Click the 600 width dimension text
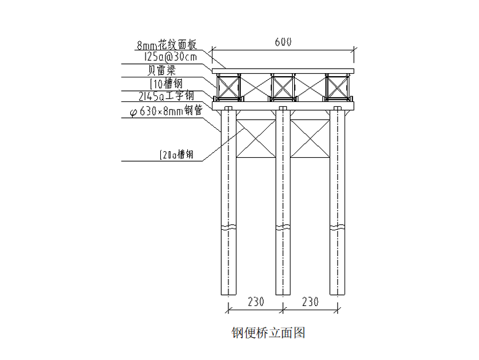283,42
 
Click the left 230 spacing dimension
255,302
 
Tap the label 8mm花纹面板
166,45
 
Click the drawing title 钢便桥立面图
268,333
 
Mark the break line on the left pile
228,228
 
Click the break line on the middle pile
282,228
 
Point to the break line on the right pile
337,228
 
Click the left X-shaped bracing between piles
255,140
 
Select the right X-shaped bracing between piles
310,140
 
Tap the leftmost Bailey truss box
228,87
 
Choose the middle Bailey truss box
282,87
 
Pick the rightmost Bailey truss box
337,87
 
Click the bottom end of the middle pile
282,294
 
